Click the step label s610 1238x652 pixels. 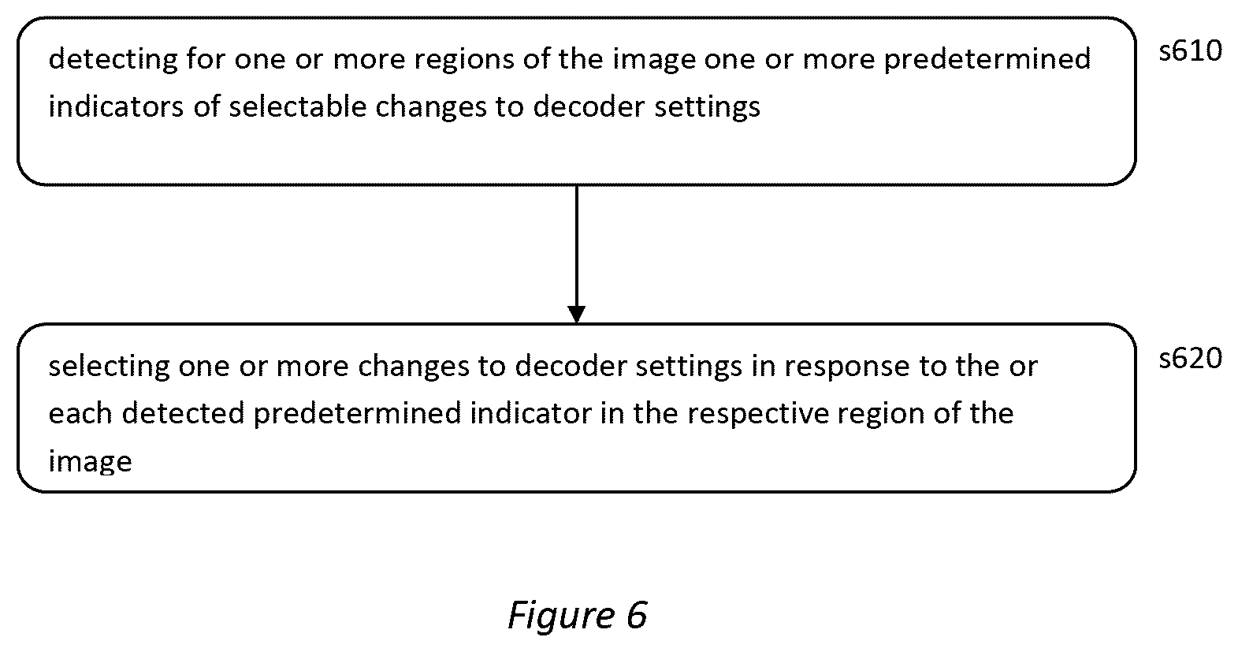[x=1191, y=51]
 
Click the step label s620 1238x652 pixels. [x=1191, y=359]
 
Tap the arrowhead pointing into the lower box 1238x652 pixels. [x=576, y=314]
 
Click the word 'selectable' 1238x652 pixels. [x=297, y=106]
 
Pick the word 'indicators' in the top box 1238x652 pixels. [x=116, y=106]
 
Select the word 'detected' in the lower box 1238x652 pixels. [x=183, y=413]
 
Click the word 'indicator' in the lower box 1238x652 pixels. [x=530, y=413]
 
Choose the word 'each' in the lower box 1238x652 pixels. [x=80, y=413]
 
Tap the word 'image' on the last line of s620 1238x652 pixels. [x=90, y=462]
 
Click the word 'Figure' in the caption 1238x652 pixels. [x=560, y=616]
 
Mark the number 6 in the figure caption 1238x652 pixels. [x=636, y=614]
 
